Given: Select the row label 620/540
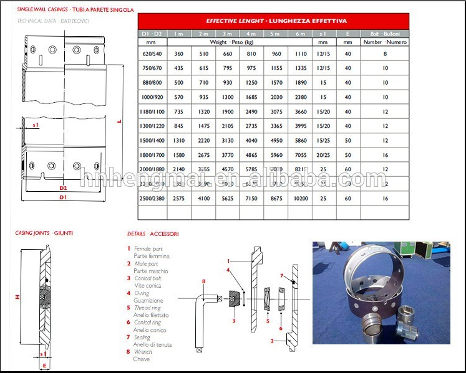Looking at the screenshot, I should click(152, 54).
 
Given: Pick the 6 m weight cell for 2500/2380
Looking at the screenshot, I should click(301, 198).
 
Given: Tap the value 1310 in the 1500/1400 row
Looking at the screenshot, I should click(179, 140).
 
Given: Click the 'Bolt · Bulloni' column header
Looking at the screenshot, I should click(385, 33).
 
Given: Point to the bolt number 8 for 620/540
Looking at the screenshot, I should click(385, 54).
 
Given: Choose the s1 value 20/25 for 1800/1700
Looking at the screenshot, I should click(323, 154).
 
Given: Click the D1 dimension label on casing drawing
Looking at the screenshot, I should click(63, 197).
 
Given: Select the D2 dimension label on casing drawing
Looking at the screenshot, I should click(63, 187).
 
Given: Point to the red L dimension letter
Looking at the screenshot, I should click(119, 122).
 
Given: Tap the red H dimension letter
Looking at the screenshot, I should click(17, 297).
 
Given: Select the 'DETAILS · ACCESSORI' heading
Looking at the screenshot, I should click(153, 234).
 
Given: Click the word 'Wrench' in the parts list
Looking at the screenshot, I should click(143, 352).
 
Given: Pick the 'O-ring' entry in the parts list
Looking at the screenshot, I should click(142, 293).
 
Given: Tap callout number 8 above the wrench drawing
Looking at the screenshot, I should click(203, 281).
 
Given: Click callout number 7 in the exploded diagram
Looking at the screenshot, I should click(281, 275).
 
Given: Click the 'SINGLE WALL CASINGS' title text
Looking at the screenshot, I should click(42, 11).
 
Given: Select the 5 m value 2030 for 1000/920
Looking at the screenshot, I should click(276, 97).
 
